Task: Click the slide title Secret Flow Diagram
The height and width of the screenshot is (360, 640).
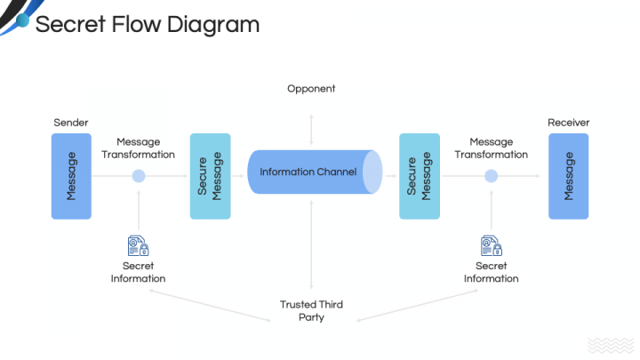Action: [x=147, y=24]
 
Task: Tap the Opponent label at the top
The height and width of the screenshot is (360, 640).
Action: [x=311, y=89]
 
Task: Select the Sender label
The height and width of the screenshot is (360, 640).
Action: [x=71, y=122]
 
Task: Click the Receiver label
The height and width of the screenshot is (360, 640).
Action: [x=568, y=122]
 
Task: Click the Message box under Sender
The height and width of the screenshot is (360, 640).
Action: [x=71, y=176]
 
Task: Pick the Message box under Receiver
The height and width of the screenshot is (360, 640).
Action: [x=568, y=176]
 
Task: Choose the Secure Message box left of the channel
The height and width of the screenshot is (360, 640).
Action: [x=210, y=176]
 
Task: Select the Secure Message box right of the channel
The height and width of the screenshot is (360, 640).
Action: [x=419, y=176]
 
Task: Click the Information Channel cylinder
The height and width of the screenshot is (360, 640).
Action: [x=311, y=172]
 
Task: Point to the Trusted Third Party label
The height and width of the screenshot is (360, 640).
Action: [x=311, y=310]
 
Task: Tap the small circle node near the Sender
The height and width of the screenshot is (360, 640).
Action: [x=138, y=176]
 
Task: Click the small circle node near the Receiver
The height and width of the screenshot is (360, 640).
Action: [x=491, y=176]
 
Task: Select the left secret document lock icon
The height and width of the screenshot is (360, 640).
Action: [x=138, y=245]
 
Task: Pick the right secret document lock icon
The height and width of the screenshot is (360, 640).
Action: [x=491, y=245]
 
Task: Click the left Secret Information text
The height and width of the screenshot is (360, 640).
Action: [x=138, y=272]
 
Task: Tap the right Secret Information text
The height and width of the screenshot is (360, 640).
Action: [x=491, y=272]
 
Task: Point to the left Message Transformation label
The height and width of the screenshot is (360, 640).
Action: [x=138, y=148]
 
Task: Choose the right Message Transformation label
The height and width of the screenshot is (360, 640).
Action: [x=491, y=148]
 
